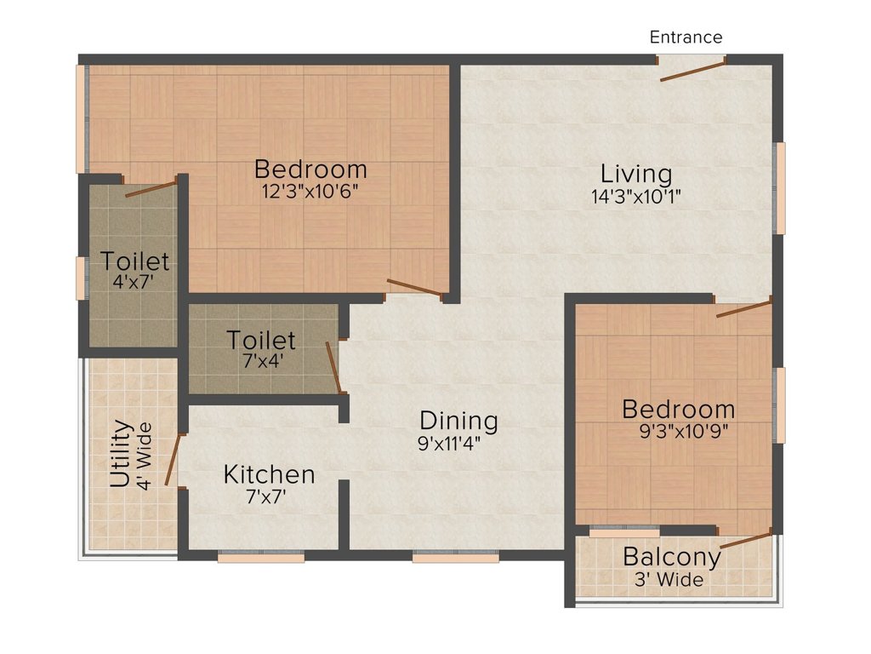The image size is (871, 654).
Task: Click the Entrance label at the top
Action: tap(686, 37)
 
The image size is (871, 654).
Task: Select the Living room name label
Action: tap(636, 174)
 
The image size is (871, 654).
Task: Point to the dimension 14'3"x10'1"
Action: tap(636, 195)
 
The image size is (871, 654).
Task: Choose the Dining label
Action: tap(458, 421)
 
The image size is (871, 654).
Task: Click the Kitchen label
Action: tap(269, 474)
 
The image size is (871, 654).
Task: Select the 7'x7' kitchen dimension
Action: tap(269, 496)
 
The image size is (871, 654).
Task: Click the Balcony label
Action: tap(672, 558)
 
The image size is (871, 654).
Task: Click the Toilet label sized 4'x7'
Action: tap(134, 261)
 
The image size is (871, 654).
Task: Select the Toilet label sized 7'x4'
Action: tap(261, 341)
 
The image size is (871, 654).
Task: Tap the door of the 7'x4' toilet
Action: tap(334, 368)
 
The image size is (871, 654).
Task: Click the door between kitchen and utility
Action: tap(173, 460)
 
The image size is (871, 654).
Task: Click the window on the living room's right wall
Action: tap(779, 187)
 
